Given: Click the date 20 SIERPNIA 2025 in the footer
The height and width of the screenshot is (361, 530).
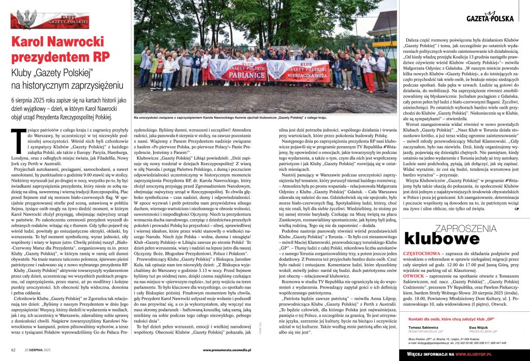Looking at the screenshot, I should coord(39,350).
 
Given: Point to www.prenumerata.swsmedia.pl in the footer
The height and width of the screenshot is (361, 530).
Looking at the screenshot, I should coord(233,350).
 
